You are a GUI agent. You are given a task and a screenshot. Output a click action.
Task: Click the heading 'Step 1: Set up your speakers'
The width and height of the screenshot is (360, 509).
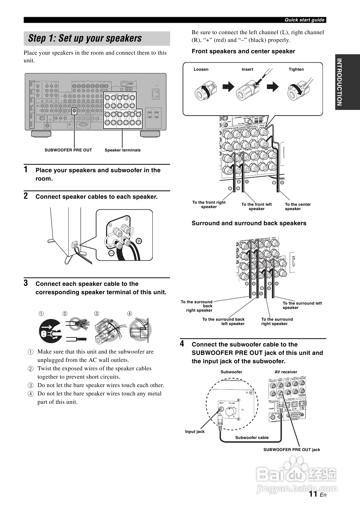[85, 38]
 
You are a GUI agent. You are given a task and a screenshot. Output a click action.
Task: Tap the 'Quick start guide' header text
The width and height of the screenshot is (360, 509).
[304, 20]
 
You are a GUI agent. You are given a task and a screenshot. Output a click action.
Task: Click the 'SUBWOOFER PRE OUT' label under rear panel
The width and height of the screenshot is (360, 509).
[68, 150]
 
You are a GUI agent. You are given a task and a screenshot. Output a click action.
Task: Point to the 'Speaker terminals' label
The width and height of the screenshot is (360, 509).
[123, 150]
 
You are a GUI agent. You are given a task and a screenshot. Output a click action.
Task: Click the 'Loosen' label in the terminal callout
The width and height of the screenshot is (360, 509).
[201, 69]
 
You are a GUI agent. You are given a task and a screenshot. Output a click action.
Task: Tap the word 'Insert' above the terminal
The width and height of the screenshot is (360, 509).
[247, 69]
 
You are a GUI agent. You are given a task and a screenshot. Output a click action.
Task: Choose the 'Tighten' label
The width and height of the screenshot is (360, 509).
[296, 69]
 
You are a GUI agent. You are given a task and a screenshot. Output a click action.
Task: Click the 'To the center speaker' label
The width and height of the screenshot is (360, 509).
[298, 206]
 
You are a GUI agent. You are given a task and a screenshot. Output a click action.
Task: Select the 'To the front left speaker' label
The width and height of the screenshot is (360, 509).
[257, 206]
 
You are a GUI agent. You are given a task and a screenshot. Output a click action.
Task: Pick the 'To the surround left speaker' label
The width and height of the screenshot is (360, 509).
[302, 305]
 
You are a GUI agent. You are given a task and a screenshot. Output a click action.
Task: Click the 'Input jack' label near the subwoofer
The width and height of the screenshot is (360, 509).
[195, 432]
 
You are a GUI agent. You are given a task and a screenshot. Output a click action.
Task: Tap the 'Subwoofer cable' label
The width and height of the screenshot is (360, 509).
[252, 438]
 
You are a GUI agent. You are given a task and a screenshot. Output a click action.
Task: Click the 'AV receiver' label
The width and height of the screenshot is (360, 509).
[286, 372]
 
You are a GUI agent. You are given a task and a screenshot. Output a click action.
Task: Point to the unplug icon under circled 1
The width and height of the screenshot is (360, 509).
[50, 330]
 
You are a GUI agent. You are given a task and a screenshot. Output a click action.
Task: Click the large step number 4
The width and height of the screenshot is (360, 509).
[182, 344]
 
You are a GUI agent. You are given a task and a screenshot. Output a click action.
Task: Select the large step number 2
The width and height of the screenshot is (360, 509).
[26, 196]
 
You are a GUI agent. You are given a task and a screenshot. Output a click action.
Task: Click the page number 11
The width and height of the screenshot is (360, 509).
[313, 494]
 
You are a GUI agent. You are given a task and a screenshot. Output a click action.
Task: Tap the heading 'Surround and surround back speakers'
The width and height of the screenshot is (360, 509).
[249, 223]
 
